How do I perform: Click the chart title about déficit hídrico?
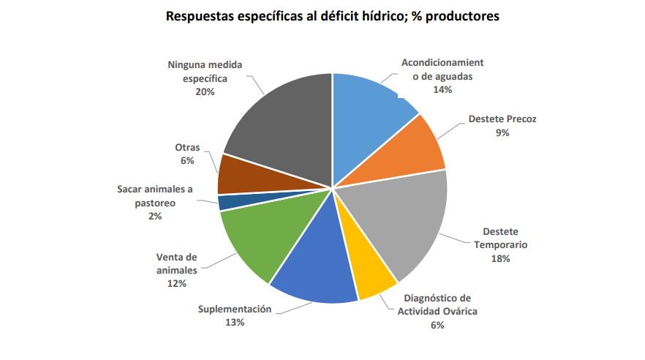(322, 15)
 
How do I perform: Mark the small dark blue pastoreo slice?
(227, 202)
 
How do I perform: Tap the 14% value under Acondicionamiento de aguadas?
(442, 89)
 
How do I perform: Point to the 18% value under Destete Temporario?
(500, 258)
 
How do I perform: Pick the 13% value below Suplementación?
(235, 323)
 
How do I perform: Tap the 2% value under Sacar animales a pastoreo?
(154, 216)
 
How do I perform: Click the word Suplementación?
(235, 309)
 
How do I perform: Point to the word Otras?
(187, 147)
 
